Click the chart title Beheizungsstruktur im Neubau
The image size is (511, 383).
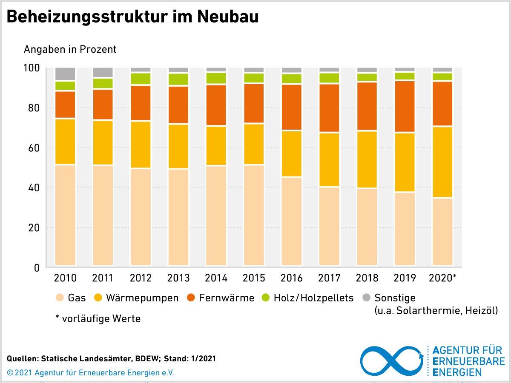click(x=133, y=17)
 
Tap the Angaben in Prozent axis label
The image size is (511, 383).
click(x=70, y=49)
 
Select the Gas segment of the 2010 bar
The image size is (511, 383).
click(x=65, y=215)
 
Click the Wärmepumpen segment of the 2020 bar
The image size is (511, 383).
click(x=442, y=162)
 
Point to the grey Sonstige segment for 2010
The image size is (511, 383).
click(x=65, y=74)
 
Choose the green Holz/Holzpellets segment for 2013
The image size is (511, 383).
click(x=178, y=79)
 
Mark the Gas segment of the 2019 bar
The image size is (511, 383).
click(x=405, y=229)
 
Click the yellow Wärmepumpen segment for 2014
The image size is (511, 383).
click(x=216, y=146)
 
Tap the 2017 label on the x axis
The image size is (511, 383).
click(x=329, y=278)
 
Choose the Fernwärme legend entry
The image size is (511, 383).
click(x=221, y=298)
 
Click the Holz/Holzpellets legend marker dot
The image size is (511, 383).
click(x=266, y=298)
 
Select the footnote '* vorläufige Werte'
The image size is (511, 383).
click(x=98, y=318)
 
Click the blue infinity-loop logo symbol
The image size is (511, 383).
click(x=392, y=360)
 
